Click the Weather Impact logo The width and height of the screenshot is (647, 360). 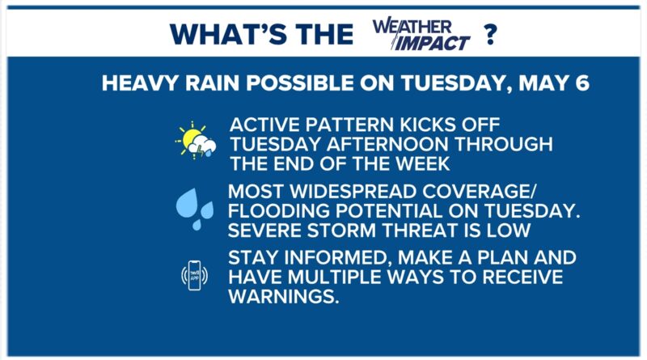tap(421, 34)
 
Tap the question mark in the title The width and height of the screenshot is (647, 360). tap(490, 34)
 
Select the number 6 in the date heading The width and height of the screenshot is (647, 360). tap(582, 83)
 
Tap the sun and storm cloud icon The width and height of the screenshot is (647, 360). tap(196, 141)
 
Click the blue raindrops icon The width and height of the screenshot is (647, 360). tap(195, 209)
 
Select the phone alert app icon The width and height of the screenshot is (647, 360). tap(194, 275)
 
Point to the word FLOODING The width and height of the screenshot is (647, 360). tap(278, 211)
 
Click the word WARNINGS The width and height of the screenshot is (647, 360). tap(284, 297)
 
